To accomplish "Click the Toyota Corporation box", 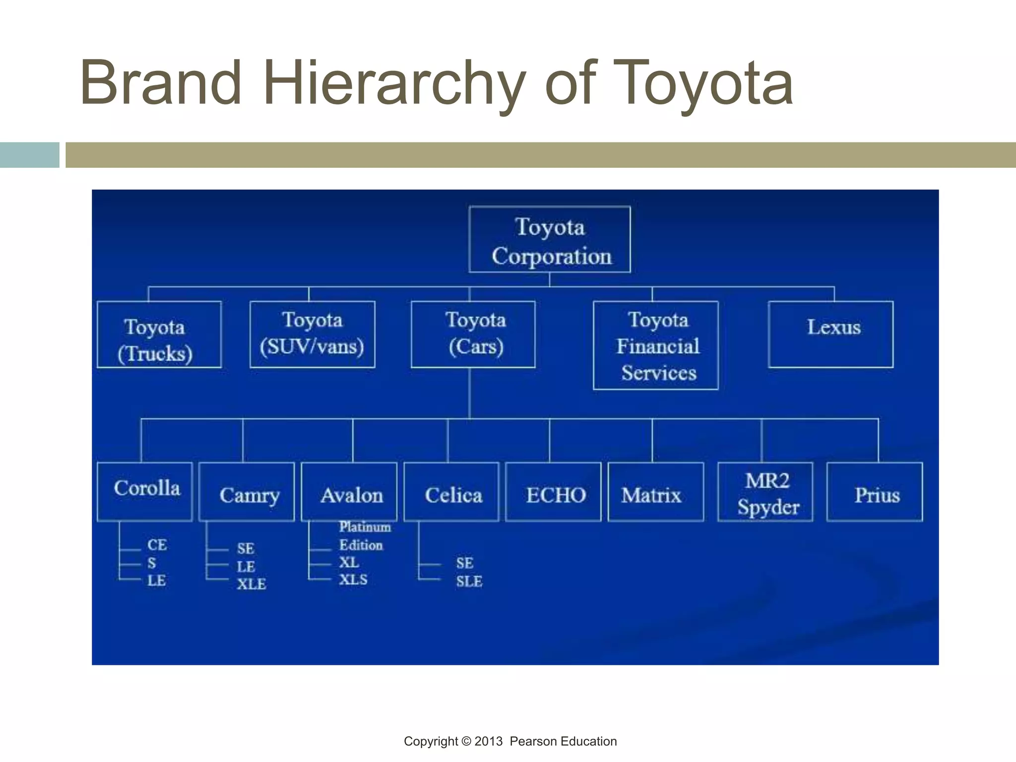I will click(x=550, y=240).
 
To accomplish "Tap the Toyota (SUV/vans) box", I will click(x=313, y=334).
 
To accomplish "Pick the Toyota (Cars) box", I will click(x=473, y=334).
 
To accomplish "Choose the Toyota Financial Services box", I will click(x=656, y=345).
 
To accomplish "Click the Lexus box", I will click(x=831, y=334).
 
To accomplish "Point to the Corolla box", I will click(x=145, y=492).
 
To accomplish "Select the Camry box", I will click(x=247, y=492).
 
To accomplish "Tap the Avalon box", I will click(x=349, y=492).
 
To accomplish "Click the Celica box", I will click(x=451, y=492).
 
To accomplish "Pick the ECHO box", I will click(x=553, y=492).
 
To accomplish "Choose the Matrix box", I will click(x=656, y=492).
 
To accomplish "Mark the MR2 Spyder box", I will click(x=765, y=492).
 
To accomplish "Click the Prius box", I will click(x=875, y=492).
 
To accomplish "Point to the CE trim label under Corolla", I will click(x=157, y=545).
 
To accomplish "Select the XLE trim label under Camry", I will click(x=252, y=584).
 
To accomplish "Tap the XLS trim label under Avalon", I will click(x=353, y=579).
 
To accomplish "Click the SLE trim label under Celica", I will click(x=469, y=581).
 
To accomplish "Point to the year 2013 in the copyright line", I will click(x=488, y=741).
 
